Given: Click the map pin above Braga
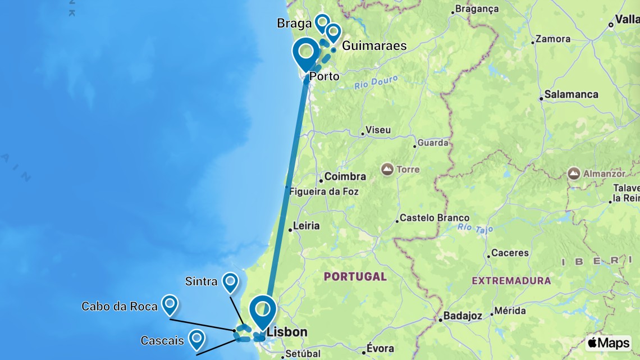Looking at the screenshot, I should [322, 23].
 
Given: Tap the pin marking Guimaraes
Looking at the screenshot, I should [333, 32].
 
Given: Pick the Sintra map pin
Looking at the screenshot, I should [230, 282].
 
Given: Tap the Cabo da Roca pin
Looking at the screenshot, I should [170, 304].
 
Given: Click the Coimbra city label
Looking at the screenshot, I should [345, 177].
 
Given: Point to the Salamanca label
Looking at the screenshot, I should [570, 94].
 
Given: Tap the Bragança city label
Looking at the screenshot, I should [477, 9].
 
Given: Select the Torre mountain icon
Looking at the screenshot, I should [387, 168].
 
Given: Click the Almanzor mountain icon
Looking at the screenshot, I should [574, 174].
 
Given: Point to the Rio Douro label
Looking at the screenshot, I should [376, 83].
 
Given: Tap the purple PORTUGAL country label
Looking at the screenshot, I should [355, 276].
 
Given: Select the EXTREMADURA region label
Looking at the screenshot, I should [511, 280].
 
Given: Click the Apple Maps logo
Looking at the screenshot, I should [608, 343].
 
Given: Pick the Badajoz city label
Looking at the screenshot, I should [462, 316].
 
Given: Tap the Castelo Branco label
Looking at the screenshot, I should [435, 218].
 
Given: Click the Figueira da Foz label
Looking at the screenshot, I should [324, 192].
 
